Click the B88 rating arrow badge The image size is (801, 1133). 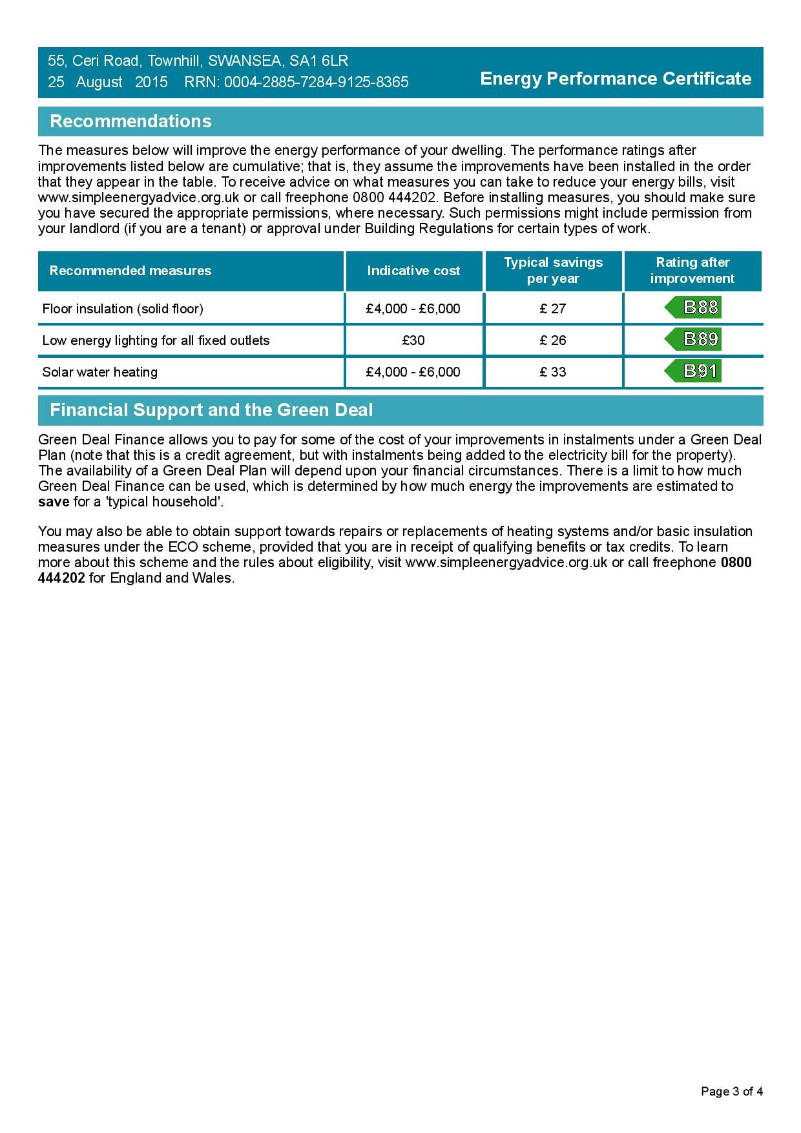click(693, 307)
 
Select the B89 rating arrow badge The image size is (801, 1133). click(693, 339)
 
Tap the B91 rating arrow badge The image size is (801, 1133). click(693, 371)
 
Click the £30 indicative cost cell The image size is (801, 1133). click(413, 340)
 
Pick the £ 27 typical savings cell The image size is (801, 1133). click(553, 309)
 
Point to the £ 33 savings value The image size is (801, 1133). click(553, 372)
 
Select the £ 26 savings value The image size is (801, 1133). click(553, 340)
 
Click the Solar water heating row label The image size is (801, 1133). click(100, 372)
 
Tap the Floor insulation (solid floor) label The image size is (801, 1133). click(123, 309)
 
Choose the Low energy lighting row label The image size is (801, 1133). click(156, 340)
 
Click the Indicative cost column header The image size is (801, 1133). click(413, 271)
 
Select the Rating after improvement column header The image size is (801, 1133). click(692, 271)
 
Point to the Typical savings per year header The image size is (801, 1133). click(553, 271)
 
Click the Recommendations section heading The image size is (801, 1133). click(130, 121)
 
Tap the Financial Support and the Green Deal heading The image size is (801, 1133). click(211, 410)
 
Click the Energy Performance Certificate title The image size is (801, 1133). click(616, 79)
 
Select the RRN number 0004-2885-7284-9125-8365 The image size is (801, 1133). click(316, 83)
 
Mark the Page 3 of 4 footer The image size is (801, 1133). click(732, 1092)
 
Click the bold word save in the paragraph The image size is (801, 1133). click(54, 502)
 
